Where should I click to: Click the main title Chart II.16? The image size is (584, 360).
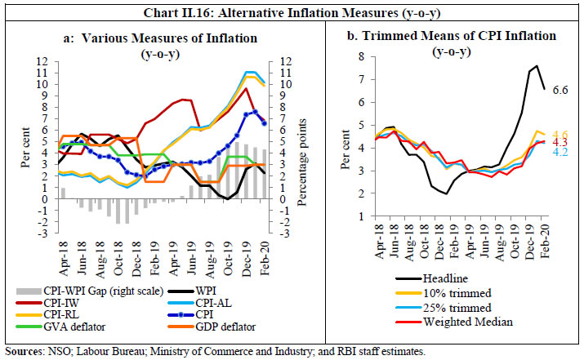click(x=292, y=9)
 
